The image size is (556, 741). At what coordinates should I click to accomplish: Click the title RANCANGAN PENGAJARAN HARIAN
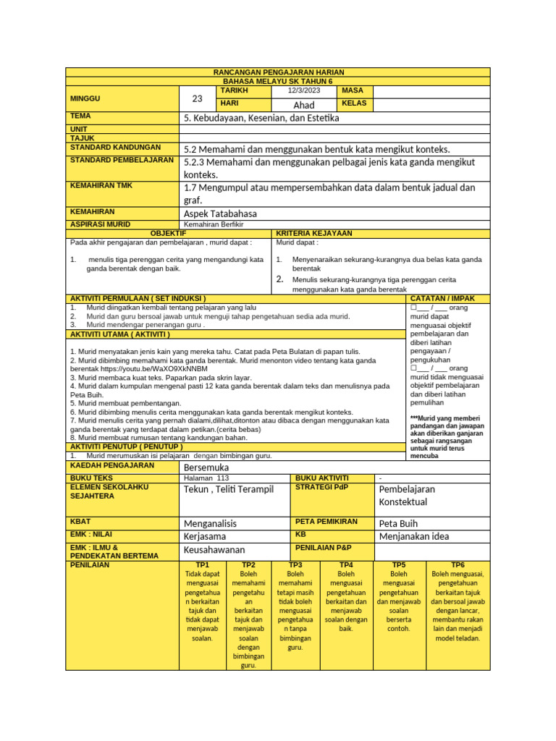(x=278, y=72)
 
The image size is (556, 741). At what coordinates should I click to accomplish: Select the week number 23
(x=197, y=98)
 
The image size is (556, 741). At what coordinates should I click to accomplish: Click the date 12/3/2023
(x=303, y=90)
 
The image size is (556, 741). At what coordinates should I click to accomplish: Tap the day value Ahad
(x=303, y=105)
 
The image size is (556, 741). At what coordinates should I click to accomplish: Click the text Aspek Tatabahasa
(x=220, y=213)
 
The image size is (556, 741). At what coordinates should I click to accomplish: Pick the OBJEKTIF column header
(x=167, y=233)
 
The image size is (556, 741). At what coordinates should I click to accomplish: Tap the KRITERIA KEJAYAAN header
(x=314, y=233)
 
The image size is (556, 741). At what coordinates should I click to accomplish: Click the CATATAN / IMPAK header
(x=442, y=298)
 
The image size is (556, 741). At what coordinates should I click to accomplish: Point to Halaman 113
(x=207, y=478)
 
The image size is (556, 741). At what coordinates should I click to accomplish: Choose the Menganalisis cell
(x=211, y=523)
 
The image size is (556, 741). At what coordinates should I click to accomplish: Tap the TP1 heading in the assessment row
(x=202, y=564)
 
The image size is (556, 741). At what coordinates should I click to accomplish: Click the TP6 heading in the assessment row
(x=458, y=564)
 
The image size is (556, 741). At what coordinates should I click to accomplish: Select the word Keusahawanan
(x=215, y=550)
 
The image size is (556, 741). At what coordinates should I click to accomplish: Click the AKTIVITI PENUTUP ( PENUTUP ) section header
(x=126, y=446)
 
